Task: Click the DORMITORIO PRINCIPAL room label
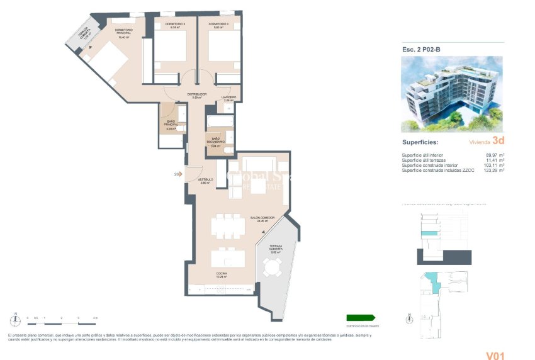coord(123,33)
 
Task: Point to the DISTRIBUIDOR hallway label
coord(196,96)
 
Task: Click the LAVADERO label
coord(228,98)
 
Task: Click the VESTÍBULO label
coord(205,181)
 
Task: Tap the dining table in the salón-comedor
coord(228,226)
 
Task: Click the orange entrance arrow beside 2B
coord(181,174)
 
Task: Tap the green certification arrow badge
coord(361,318)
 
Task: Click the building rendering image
coord(452,94)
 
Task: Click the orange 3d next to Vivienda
coord(498,142)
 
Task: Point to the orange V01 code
coord(495,356)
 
